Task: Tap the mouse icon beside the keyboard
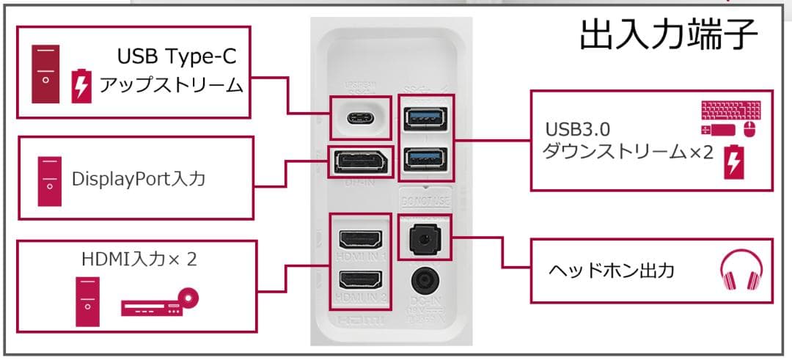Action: point(749,131)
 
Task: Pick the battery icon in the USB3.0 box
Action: point(733,162)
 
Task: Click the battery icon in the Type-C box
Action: point(81,86)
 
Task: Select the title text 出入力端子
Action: point(668,34)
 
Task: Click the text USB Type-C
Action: point(180,56)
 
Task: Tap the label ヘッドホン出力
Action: point(611,271)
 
